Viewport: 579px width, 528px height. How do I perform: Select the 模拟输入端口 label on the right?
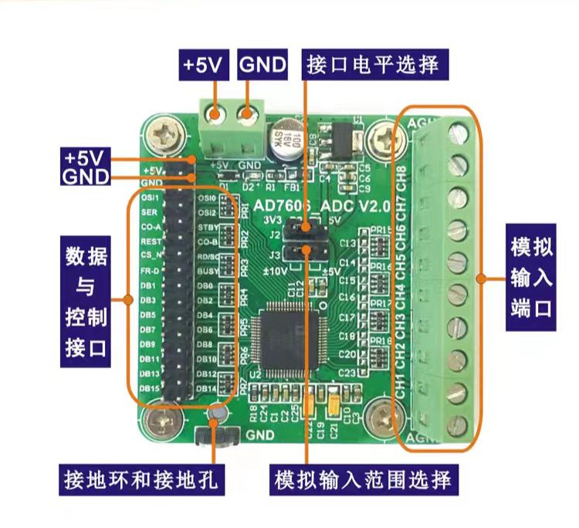(532, 279)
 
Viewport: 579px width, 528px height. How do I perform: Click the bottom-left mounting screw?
(164, 421)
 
